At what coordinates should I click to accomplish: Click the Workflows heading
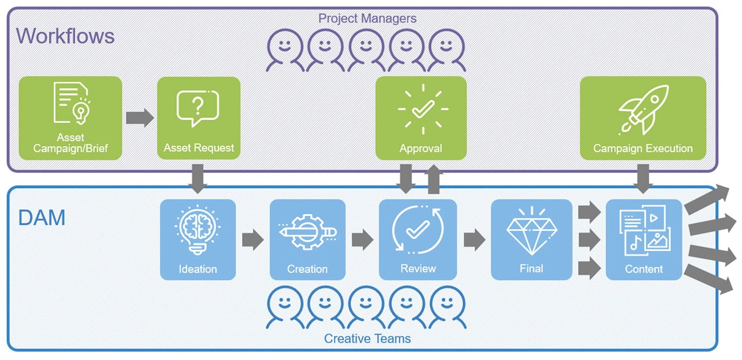pos(66,36)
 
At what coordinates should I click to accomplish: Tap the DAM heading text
pos(42,218)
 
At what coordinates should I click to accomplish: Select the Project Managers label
pos(367,18)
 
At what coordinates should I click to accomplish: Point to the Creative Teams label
pos(367,338)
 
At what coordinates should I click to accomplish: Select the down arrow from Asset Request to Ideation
pos(198,179)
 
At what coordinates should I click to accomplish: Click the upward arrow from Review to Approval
pos(434,179)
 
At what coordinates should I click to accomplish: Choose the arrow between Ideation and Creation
pos(253,240)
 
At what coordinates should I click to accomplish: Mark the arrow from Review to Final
pos(474,240)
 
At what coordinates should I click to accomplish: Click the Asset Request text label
pos(199,148)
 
